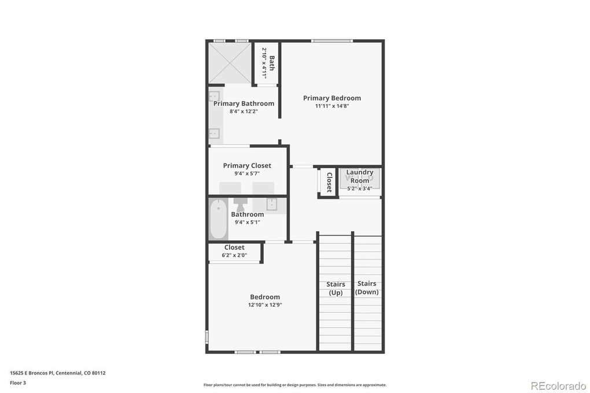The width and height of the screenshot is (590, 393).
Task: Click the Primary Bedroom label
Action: [x=332, y=98]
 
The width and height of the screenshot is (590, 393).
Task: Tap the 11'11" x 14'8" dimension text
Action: [x=332, y=106]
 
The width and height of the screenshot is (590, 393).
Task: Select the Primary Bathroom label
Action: [x=244, y=103]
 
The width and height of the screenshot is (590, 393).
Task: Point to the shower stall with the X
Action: [x=230, y=63]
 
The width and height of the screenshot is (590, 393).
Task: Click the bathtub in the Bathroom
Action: [x=218, y=219]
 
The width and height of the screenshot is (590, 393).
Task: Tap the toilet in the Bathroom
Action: [x=241, y=205]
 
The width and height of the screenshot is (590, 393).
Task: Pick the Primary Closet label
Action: [x=247, y=165]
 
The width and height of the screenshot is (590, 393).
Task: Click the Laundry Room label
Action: [x=360, y=176]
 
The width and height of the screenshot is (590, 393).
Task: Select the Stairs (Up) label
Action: [x=335, y=288]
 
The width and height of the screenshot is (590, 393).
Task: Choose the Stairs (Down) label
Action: [x=367, y=288]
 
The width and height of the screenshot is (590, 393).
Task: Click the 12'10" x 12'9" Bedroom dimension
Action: [x=265, y=305]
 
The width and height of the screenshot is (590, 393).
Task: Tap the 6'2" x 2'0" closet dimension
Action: [x=234, y=255]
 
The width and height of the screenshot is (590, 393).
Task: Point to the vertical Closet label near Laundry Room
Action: [x=329, y=183]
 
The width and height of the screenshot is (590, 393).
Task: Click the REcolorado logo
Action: [x=558, y=386]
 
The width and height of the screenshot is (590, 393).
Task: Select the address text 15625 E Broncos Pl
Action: [x=32, y=373]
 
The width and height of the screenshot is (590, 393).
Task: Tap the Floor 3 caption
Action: [x=18, y=383]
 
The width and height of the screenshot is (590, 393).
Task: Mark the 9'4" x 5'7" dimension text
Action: [x=247, y=174]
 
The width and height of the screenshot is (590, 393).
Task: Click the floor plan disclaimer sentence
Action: [x=295, y=385]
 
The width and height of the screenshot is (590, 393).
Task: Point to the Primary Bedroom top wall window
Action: [x=332, y=40]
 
